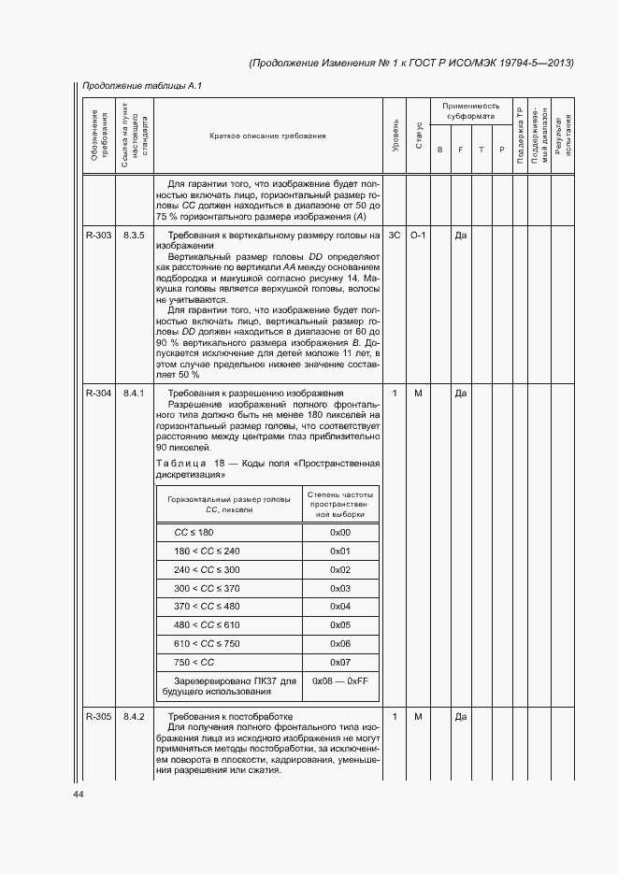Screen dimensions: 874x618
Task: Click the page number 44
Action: (x=78, y=794)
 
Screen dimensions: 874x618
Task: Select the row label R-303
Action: (x=98, y=235)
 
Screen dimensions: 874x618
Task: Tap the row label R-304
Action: (x=98, y=394)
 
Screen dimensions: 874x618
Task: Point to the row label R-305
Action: (x=98, y=717)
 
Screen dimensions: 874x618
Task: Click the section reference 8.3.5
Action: (x=134, y=235)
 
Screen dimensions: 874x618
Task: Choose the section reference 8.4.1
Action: (x=134, y=394)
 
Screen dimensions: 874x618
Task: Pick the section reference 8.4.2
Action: (x=134, y=717)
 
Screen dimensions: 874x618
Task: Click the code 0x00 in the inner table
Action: (x=340, y=533)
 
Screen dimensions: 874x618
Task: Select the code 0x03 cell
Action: (x=340, y=588)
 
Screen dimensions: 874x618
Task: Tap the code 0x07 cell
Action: (x=340, y=662)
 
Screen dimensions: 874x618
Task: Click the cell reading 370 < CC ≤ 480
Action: (x=207, y=607)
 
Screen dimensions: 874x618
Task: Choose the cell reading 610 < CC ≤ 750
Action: (x=207, y=643)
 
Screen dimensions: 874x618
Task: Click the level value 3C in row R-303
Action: (x=395, y=235)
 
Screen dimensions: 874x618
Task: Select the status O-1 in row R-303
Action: (x=418, y=235)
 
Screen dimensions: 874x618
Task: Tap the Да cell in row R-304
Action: (x=460, y=394)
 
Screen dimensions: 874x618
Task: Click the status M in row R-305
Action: (x=418, y=717)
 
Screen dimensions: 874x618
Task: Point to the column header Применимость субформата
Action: (x=471, y=111)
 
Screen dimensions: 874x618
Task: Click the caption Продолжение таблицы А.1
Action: (x=141, y=86)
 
